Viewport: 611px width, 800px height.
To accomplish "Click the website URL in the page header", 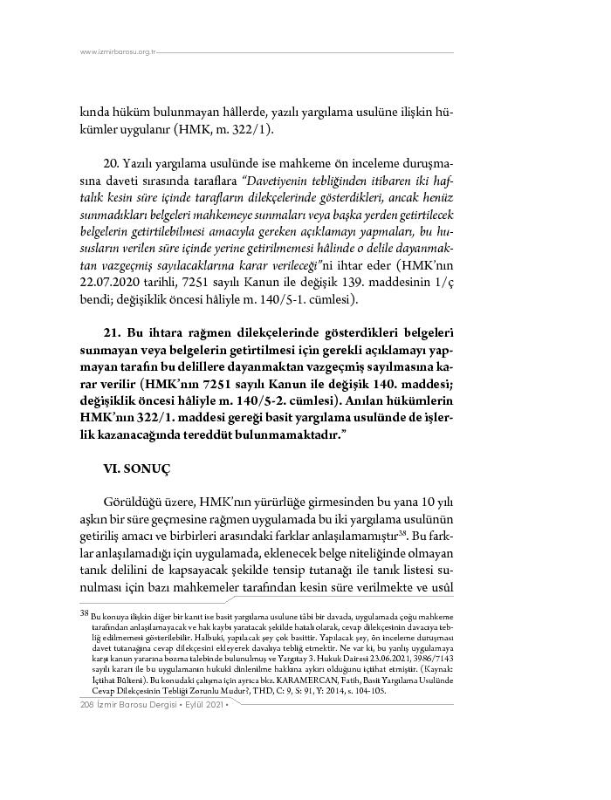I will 117,52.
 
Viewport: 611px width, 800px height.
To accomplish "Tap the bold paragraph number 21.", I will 111,333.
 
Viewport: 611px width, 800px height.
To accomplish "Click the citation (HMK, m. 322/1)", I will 223,129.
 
